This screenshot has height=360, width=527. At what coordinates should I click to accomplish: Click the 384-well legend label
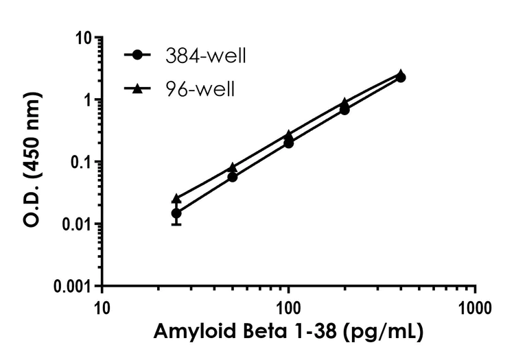pyautogui.click(x=205, y=56)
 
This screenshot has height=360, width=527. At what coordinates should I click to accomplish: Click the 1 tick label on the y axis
pyautogui.click(x=88, y=100)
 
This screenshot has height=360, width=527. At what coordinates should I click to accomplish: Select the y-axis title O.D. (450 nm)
pyautogui.click(x=31, y=162)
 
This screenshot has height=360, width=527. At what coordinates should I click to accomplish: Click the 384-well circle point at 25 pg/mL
pyautogui.click(x=176, y=213)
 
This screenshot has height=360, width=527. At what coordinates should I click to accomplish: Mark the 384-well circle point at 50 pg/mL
pyautogui.click(x=233, y=177)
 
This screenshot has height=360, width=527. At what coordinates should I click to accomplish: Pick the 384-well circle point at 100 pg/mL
pyautogui.click(x=289, y=143)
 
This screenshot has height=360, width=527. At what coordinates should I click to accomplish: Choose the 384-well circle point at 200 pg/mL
pyautogui.click(x=344, y=110)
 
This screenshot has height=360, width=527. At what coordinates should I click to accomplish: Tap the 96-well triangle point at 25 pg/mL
pyautogui.click(x=176, y=198)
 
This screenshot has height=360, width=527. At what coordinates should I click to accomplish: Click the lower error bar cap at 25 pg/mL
pyautogui.click(x=176, y=224)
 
